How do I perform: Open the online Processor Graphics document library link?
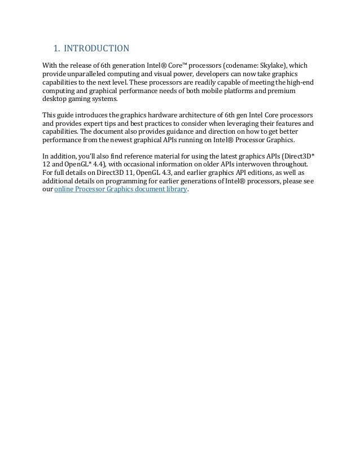[120, 192]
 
